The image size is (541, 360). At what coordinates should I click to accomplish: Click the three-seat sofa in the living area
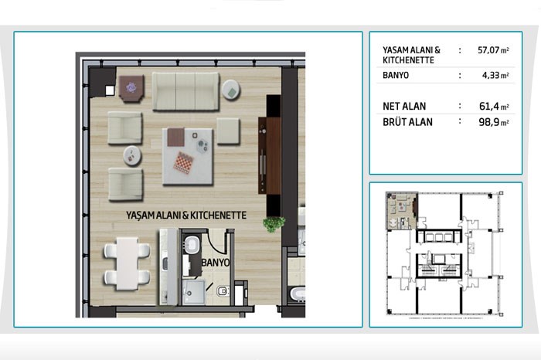[185, 91]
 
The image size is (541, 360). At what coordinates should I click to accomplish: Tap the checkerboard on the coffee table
[183, 162]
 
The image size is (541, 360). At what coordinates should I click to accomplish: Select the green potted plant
[274, 224]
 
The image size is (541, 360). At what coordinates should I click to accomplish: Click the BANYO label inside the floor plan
[216, 263]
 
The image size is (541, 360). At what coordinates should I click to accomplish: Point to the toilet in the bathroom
[223, 291]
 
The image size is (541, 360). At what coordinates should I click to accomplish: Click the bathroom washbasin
[191, 244]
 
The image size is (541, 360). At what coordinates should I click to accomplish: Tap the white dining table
[127, 263]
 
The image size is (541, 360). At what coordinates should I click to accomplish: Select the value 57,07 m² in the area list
[493, 50]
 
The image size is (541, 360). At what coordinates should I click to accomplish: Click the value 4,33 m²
[495, 75]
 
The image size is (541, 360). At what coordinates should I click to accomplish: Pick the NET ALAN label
[404, 106]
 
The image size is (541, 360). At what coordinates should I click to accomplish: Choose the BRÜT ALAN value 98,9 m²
[494, 122]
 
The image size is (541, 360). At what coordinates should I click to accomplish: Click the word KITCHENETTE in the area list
[409, 60]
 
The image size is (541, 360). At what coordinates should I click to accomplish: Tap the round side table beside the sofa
[231, 90]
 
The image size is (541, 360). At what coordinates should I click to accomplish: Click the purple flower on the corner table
[131, 87]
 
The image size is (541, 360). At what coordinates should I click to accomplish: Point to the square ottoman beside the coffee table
[228, 131]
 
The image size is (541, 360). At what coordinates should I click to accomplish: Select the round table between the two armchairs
[132, 156]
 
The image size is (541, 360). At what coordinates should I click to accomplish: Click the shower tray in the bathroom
[193, 293]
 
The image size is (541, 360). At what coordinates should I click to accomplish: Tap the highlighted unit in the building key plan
[402, 211]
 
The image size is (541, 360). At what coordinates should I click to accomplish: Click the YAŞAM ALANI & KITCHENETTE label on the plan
[186, 216]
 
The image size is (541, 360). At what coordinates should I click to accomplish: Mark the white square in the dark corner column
[110, 90]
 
